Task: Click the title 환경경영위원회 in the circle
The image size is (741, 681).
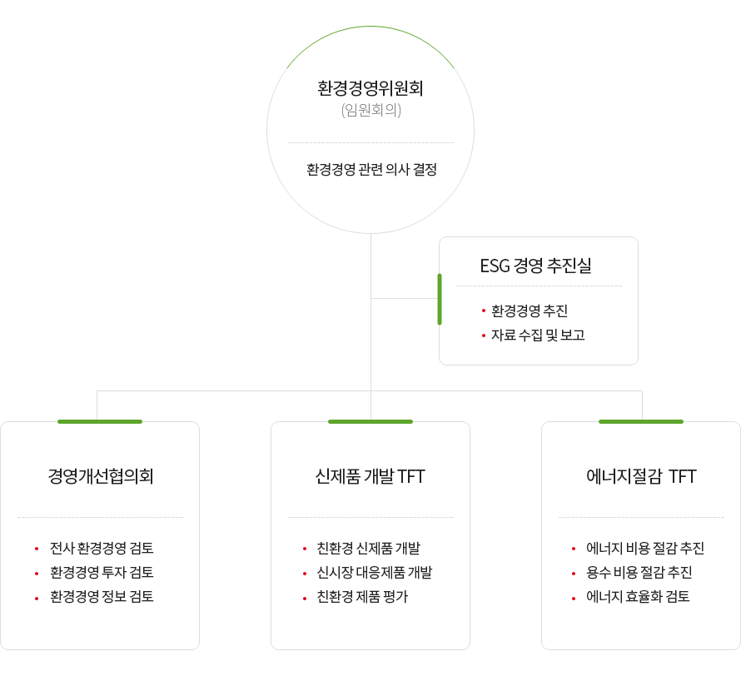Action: click(370, 88)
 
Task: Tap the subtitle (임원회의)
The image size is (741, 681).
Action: click(371, 110)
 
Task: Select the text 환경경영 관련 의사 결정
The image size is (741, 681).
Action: click(371, 169)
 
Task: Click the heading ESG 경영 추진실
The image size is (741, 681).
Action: click(536, 266)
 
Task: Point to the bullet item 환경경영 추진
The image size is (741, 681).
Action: click(530, 311)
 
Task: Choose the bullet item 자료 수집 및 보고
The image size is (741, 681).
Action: click(538, 335)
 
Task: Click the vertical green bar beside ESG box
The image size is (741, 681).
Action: click(440, 299)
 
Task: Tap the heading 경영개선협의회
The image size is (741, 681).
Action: click(101, 476)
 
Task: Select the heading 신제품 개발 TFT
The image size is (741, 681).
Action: click(370, 476)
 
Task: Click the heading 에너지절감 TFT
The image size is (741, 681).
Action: click(641, 476)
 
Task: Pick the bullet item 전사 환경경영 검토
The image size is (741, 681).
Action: click(102, 548)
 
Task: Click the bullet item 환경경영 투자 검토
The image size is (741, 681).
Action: click(102, 572)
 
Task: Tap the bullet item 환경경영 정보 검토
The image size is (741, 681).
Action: click(102, 596)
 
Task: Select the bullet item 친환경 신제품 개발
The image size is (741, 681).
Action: click(369, 548)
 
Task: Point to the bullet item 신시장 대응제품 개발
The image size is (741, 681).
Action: click(375, 572)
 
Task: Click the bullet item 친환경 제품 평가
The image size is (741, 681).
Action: click(362, 596)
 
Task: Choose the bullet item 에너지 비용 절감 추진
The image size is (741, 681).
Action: click(645, 548)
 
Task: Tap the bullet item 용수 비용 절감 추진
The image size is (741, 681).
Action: click(639, 572)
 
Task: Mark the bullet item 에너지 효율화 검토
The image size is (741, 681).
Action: click(638, 596)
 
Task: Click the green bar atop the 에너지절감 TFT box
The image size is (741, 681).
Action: click(641, 421)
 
